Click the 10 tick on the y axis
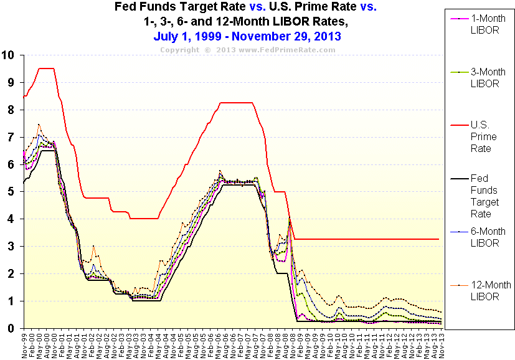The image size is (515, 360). point(8,55)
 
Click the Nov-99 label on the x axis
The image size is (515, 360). point(24,344)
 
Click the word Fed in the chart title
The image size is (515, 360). point(125,7)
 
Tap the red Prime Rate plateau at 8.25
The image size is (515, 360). point(237,103)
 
